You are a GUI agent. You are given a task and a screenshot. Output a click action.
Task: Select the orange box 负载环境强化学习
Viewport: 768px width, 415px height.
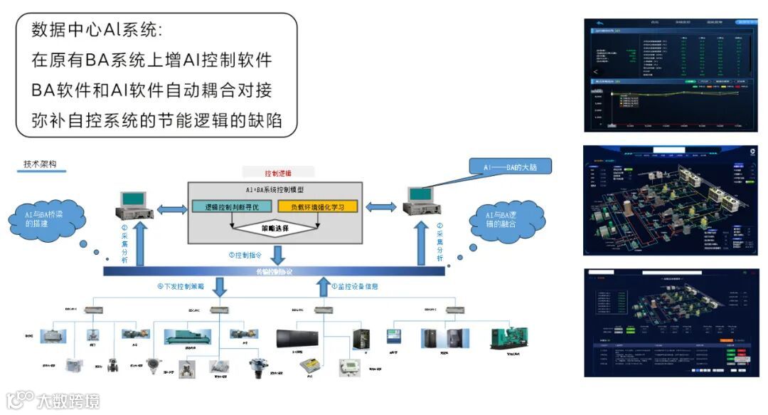(x=317, y=207)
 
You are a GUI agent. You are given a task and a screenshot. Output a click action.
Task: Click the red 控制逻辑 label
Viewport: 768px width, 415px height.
(x=277, y=173)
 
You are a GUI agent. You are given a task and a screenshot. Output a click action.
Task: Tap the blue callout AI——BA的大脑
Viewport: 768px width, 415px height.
(x=510, y=166)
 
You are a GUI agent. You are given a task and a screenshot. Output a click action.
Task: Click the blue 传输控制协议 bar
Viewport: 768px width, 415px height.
(x=274, y=272)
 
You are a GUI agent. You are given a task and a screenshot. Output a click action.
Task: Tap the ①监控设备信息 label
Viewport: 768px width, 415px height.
(x=354, y=287)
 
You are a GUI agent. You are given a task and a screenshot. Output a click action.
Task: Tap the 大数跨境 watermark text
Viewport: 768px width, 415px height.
(x=68, y=401)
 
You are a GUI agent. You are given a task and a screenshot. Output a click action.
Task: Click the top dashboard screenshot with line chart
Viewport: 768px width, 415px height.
(x=671, y=75)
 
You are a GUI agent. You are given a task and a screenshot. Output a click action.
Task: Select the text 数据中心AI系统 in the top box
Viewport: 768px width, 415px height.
(x=97, y=31)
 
